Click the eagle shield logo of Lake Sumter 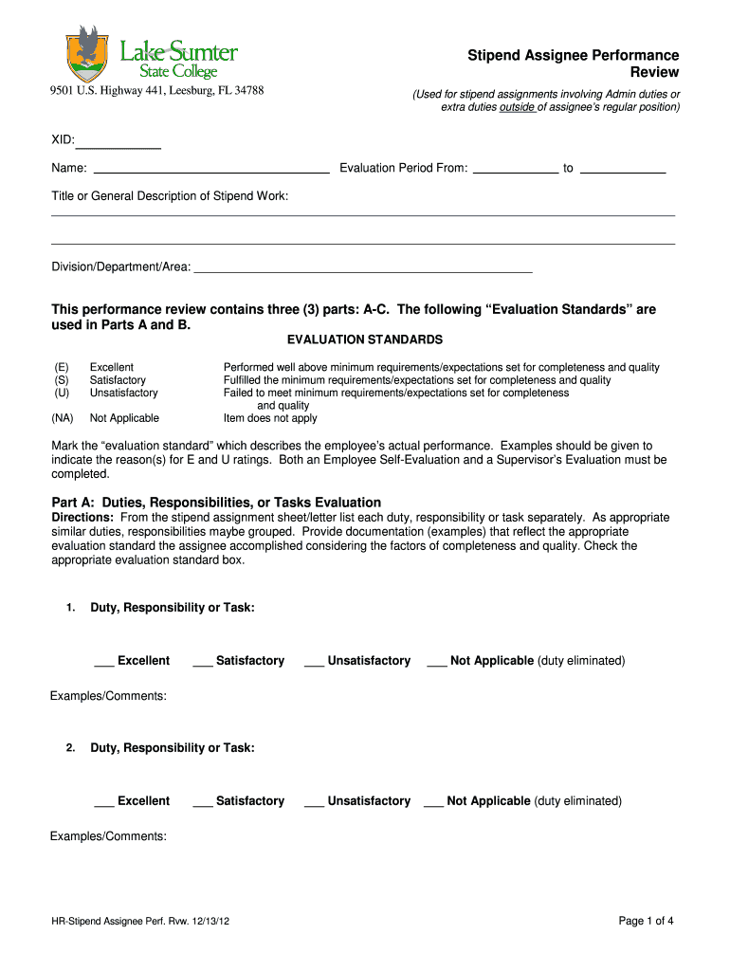coord(85,55)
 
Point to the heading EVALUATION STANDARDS coord(365,339)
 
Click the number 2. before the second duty coord(71,748)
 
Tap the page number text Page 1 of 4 coord(646,921)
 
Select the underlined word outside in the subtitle coord(517,107)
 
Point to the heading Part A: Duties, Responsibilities coord(215,503)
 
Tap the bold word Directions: coord(82,518)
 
